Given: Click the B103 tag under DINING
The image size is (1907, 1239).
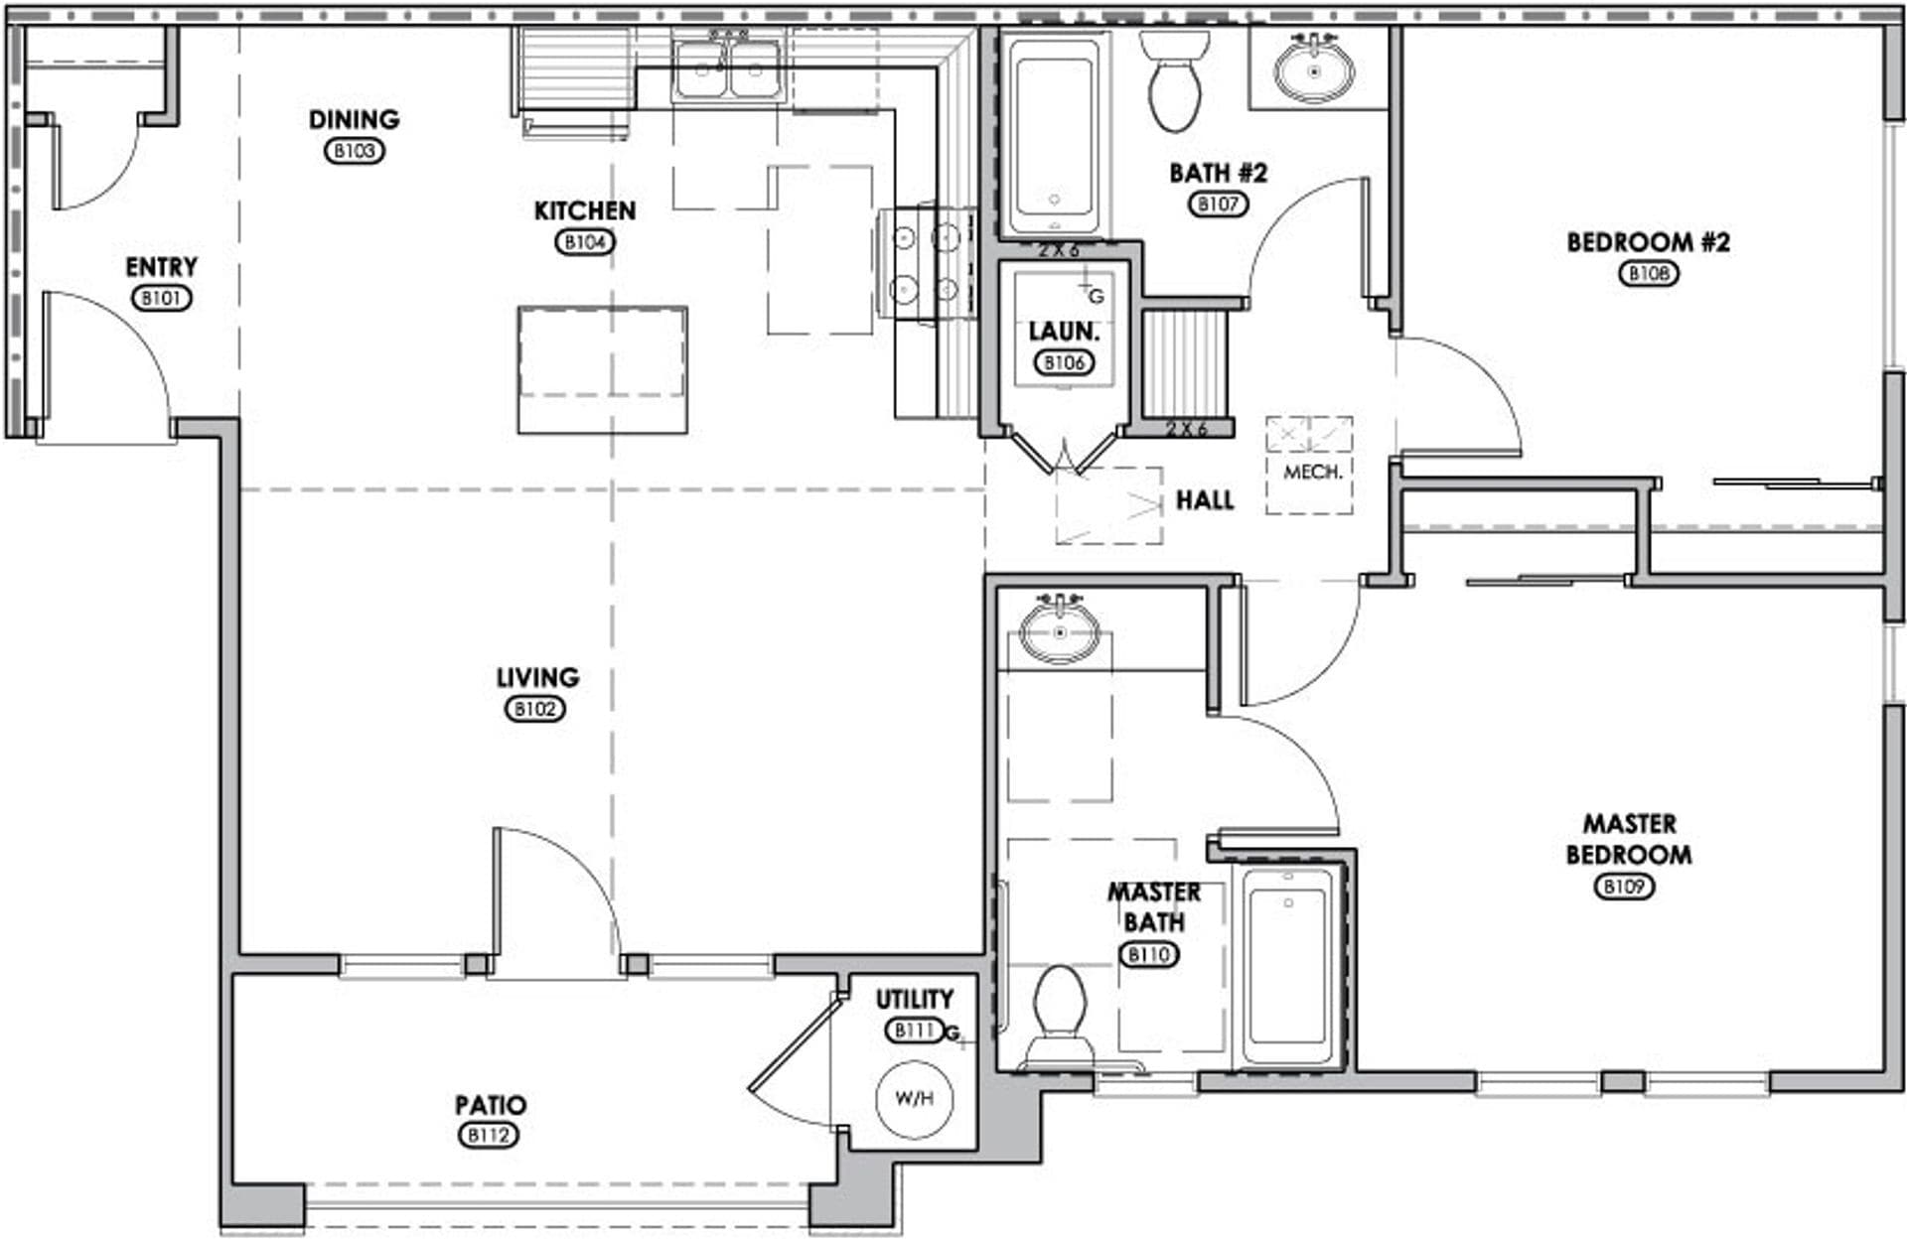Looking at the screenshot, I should pyautogui.click(x=355, y=151).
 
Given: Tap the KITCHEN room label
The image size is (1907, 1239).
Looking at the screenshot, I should pyautogui.click(x=584, y=210).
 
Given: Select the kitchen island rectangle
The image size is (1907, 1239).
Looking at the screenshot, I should pyautogui.click(x=602, y=369).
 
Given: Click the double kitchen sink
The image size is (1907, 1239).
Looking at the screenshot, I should pyautogui.click(x=728, y=69).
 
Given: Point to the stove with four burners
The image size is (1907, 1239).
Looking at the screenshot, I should pyautogui.click(x=926, y=263).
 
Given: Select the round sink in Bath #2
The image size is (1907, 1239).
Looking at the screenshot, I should pyautogui.click(x=1315, y=70).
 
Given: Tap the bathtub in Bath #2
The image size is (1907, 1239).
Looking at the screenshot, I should pyautogui.click(x=1054, y=134).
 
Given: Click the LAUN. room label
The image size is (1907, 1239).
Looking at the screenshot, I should pyautogui.click(x=1064, y=332).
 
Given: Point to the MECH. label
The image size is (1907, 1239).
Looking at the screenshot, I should pyautogui.click(x=1312, y=473).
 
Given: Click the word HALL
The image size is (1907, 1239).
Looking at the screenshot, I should pyautogui.click(x=1205, y=500).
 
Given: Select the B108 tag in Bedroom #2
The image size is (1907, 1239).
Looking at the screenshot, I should pyautogui.click(x=1649, y=273).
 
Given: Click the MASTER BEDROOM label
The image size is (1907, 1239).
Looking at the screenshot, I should pyautogui.click(x=1629, y=839).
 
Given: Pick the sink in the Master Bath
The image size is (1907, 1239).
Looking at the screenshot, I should pyautogui.click(x=1060, y=632).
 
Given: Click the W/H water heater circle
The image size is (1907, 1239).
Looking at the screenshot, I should pyautogui.click(x=914, y=1098).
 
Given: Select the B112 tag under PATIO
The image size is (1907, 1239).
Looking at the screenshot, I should pyautogui.click(x=489, y=1135).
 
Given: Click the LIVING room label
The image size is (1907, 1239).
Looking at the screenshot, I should pyautogui.click(x=537, y=677).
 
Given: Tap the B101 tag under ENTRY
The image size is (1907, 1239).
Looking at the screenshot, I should pyautogui.click(x=161, y=298).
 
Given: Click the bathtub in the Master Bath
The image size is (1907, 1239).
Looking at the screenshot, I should pyautogui.click(x=1287, y=968).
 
